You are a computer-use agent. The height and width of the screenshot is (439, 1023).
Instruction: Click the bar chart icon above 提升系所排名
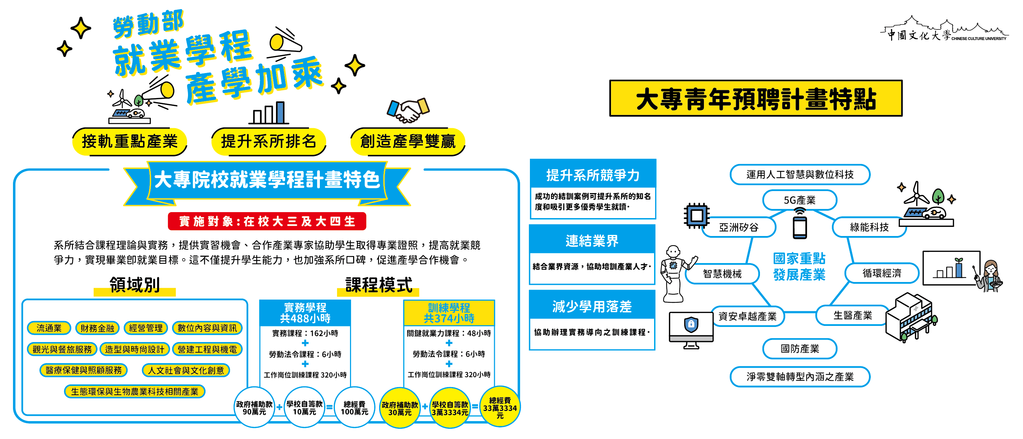[269, 113]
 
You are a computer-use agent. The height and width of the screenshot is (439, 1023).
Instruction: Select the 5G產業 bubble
[799, 200]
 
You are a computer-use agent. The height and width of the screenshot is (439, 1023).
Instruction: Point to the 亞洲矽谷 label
[739, 227]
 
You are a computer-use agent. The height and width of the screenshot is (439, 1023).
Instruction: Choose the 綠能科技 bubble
[869, 227]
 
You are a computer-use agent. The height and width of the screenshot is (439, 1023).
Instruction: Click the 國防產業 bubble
[799, 349]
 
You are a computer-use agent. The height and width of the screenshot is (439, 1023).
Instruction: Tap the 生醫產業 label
[852, 315]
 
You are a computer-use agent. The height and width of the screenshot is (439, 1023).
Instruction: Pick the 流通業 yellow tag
[49, 328]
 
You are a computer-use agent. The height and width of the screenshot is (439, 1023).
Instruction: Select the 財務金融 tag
[97, 328]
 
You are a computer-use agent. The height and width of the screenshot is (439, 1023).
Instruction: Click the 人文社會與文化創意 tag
[186, 371]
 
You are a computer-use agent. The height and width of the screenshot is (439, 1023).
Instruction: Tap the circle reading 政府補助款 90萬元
[254, 408]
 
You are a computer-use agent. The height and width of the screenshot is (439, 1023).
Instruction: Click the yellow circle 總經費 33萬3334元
[500, 408]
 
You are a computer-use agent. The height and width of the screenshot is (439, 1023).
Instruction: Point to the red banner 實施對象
[267, 222]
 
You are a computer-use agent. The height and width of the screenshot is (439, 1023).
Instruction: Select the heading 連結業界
[592, 241]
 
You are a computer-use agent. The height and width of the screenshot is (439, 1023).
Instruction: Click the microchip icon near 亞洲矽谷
[696, 216]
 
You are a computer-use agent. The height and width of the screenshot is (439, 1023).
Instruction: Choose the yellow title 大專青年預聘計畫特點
[756, 99]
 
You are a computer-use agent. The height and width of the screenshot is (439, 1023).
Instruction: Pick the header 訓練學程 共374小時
[449, 313]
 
